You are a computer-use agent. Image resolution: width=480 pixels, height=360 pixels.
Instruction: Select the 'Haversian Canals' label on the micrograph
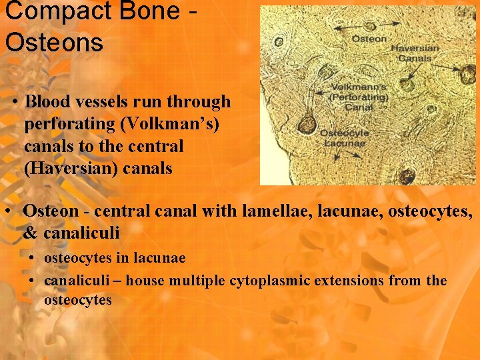click(x=414, y=53)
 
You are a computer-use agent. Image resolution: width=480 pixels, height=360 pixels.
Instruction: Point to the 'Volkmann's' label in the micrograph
click(x=359, y=86)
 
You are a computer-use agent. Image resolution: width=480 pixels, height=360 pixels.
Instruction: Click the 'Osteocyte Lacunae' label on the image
click(x=344, y=137)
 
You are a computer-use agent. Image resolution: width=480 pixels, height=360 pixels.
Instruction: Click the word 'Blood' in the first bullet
click(x=46, y=102)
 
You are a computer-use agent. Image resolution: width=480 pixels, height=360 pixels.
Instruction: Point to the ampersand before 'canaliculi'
click(x=31, y=233)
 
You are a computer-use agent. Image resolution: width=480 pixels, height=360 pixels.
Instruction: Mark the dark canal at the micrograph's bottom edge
click(x=405, y=176)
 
